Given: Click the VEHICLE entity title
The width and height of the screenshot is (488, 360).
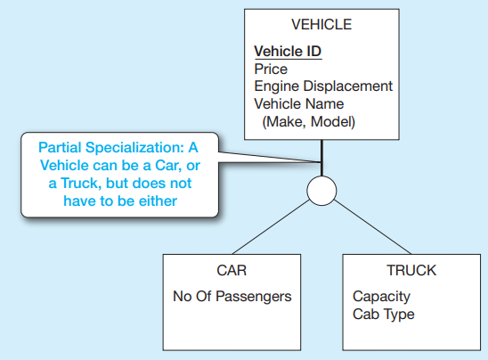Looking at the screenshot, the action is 321,25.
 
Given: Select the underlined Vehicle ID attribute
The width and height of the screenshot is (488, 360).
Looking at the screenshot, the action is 288,52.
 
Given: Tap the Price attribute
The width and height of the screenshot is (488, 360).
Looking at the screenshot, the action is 271,70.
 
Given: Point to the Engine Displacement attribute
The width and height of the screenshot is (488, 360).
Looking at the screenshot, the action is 323,86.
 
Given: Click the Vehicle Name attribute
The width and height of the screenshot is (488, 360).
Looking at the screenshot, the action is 299,103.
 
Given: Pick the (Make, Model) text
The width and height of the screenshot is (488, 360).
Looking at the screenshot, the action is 309,122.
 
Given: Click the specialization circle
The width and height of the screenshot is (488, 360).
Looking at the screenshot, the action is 321,191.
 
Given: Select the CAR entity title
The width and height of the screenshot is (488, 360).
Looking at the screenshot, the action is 232,270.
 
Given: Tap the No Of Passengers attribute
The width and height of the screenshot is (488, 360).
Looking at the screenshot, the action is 232,297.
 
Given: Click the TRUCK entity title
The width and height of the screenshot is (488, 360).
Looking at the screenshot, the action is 411,270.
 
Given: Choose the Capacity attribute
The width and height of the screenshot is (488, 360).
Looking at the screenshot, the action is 381,297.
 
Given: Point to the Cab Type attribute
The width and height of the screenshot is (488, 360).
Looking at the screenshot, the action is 384,315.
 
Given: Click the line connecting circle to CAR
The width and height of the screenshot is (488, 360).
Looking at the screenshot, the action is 271,227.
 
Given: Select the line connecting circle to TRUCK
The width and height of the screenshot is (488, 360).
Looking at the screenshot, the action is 372,227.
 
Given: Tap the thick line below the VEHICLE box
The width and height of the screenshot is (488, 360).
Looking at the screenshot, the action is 321,158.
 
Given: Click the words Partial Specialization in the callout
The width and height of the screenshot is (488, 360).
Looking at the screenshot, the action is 111,148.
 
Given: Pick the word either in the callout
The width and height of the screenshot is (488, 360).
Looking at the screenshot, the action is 158,201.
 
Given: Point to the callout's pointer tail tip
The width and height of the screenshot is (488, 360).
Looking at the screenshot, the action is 321,162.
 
